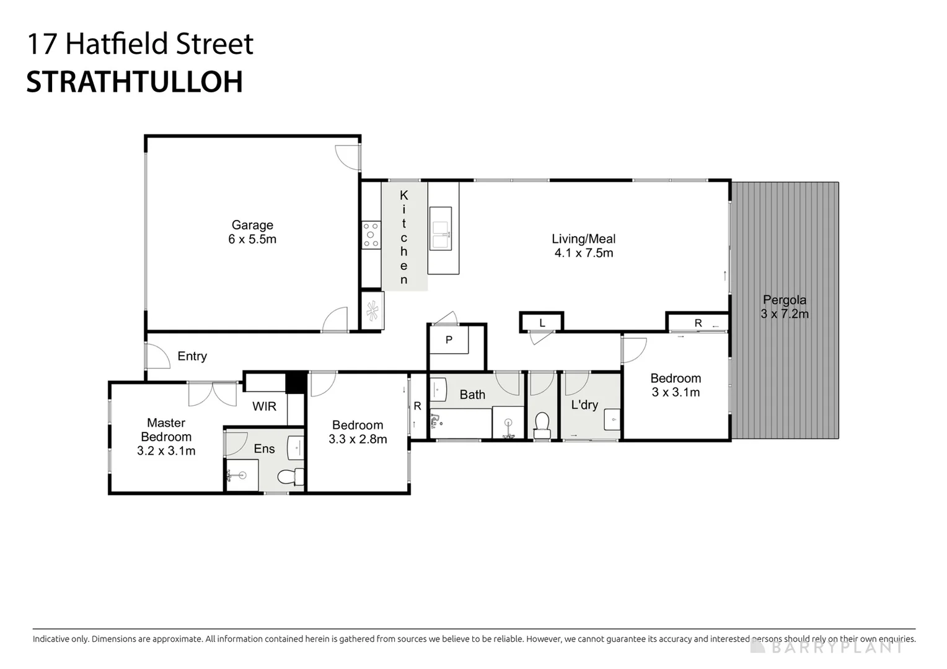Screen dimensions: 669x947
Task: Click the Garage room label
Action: point(252,225)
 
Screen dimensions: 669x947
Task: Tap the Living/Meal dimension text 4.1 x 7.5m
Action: point(583,253)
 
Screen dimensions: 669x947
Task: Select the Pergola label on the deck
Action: point(784,300)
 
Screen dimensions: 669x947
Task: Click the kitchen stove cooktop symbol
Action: point(371,235)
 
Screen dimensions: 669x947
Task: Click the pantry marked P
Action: point(449,340)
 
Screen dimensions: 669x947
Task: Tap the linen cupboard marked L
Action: point(542,323)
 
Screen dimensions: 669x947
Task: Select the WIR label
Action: point(264,406)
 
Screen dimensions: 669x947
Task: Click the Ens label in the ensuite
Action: point(264,448)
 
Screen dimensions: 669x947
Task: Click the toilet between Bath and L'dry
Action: point(542,424)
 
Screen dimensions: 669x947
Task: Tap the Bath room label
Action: point(472,395)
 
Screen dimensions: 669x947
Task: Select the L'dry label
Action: point(584,405)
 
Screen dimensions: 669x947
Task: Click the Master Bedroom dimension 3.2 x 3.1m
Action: point(166,451)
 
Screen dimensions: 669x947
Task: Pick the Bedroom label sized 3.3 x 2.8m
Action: point(358,425)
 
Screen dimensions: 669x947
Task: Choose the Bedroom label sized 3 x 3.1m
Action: point(676,378)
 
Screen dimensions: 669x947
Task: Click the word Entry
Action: point(192,356)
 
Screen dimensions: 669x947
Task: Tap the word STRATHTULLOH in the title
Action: point(134,82)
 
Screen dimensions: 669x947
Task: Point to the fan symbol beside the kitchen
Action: point(372,310)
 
